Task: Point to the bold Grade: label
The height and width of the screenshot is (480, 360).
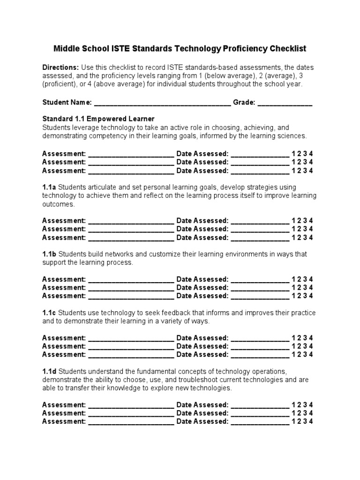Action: (244, 102)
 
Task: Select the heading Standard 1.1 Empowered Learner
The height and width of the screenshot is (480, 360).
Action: (98, 119)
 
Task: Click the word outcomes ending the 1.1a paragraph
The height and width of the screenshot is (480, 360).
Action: (58, 204)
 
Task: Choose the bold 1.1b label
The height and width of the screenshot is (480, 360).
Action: (49, 254)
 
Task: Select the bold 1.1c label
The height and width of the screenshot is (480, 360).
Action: (49, 313)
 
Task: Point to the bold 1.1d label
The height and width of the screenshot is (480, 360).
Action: (49, 371)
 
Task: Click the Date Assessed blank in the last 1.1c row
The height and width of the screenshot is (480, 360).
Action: (260, 354)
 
